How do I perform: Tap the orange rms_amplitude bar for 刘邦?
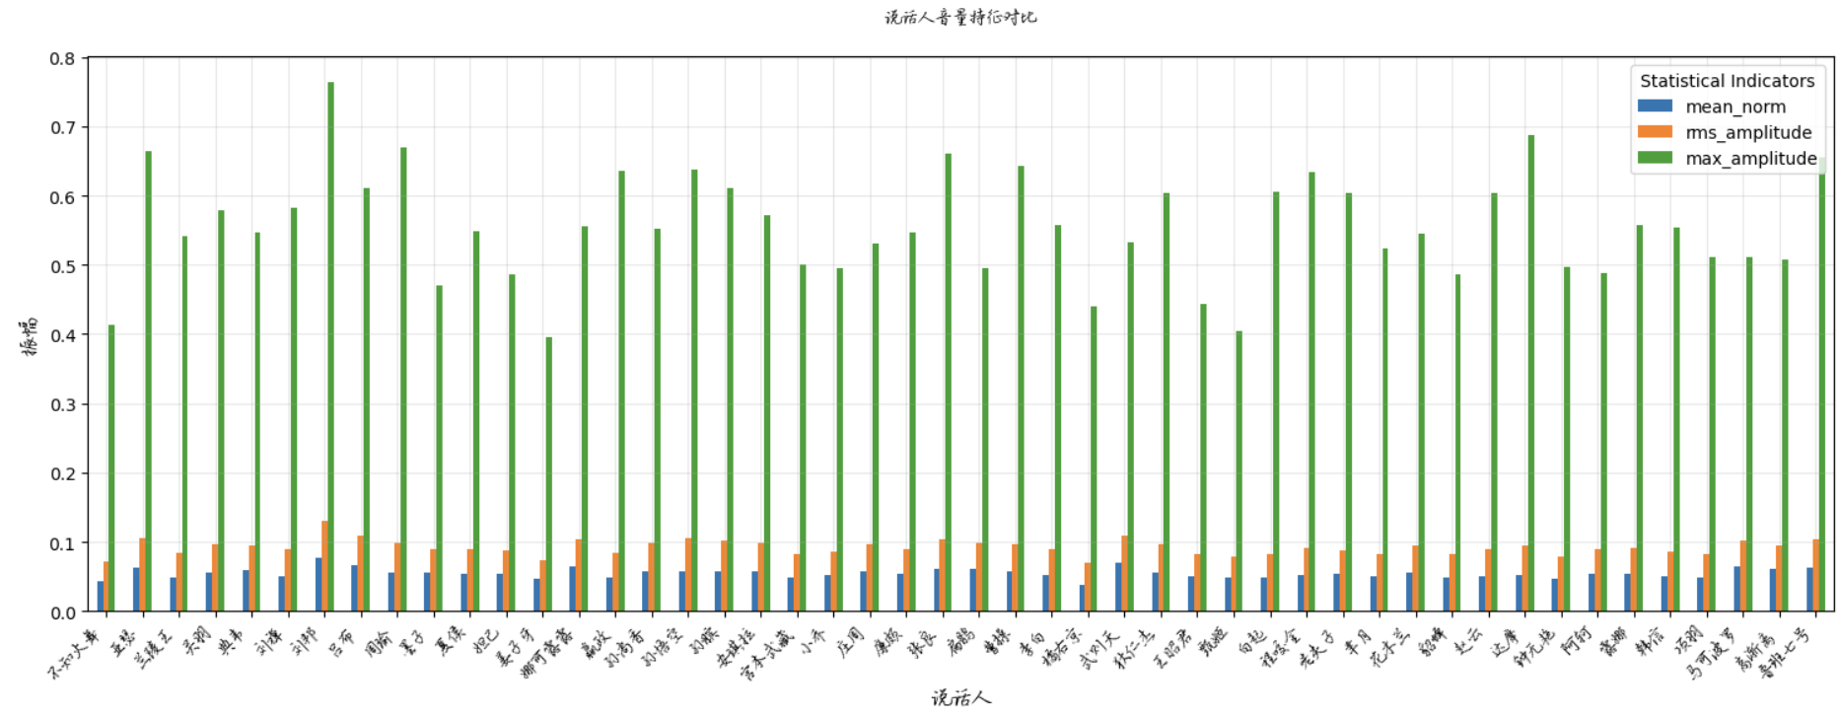pos(324,566)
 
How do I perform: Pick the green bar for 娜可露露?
pos(548,474)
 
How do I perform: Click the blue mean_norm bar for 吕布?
pos(355,588)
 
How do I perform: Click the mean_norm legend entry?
pos(1734,107)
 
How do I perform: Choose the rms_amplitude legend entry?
pos(1747,132)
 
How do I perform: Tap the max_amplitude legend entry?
pos(1750,158)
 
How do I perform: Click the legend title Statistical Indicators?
pos(1727,81)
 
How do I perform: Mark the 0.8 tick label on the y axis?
pos(62,59)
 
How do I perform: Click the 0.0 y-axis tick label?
pos(62,612)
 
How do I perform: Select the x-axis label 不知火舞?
pos(77,655)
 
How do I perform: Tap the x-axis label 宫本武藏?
pos(768,655)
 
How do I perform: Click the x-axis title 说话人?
pos(961,698)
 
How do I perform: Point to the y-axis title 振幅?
pos(31,335)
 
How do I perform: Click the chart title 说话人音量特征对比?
pos(960,17)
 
